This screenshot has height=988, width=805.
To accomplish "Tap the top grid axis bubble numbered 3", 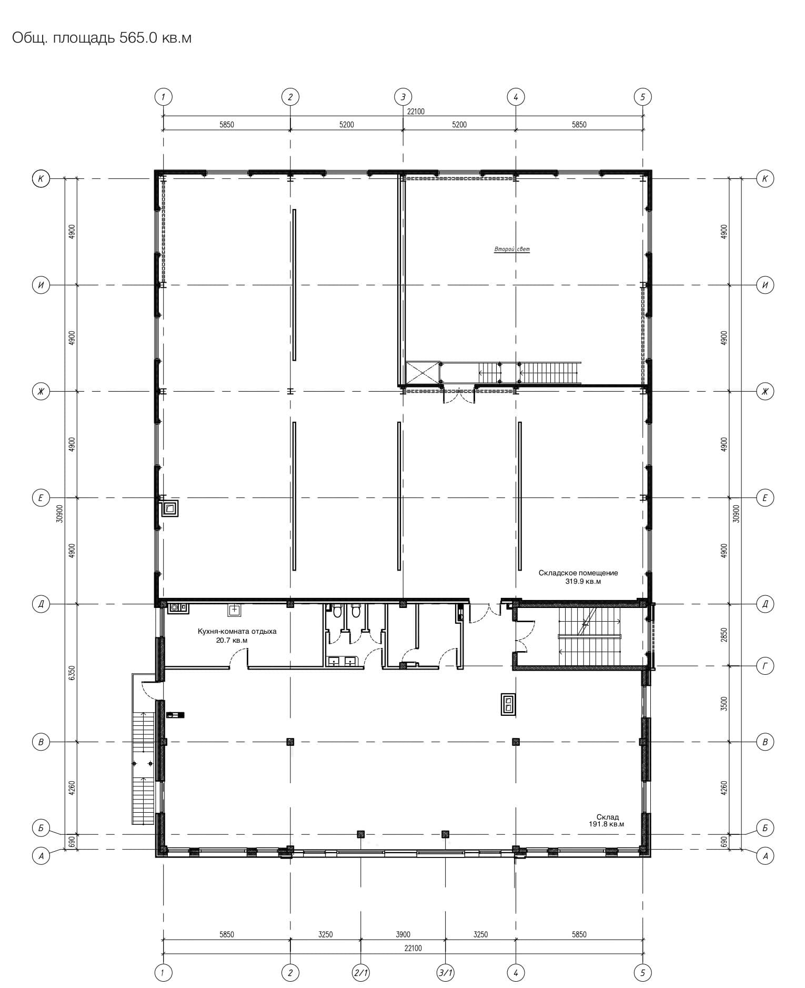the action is click(403, 97).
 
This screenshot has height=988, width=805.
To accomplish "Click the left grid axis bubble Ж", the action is click(41, 392).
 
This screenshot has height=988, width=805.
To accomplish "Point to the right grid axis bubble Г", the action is click(765, 666).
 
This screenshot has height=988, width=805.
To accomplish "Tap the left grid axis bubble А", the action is click(41, 856).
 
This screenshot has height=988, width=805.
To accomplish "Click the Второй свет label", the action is click(512, 249).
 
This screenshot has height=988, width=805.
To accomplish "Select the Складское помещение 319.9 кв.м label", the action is click(578, 577).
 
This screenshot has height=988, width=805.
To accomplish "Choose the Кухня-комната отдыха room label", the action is click(237, 631).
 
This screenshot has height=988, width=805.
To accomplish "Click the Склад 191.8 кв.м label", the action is click(607, 821).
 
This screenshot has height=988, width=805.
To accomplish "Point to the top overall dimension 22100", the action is click(416, 111).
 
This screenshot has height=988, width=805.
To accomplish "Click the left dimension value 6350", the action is click(72, 672).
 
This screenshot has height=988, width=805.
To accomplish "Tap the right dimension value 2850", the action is click(724, 635).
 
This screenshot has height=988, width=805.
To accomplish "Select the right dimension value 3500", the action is click(724, 704).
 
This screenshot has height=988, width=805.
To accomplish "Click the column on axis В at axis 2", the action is click(290, 742).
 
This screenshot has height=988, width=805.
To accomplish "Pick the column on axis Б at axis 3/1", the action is click(445, 834).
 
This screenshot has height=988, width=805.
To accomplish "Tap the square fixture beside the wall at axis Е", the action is click(170, 508).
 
